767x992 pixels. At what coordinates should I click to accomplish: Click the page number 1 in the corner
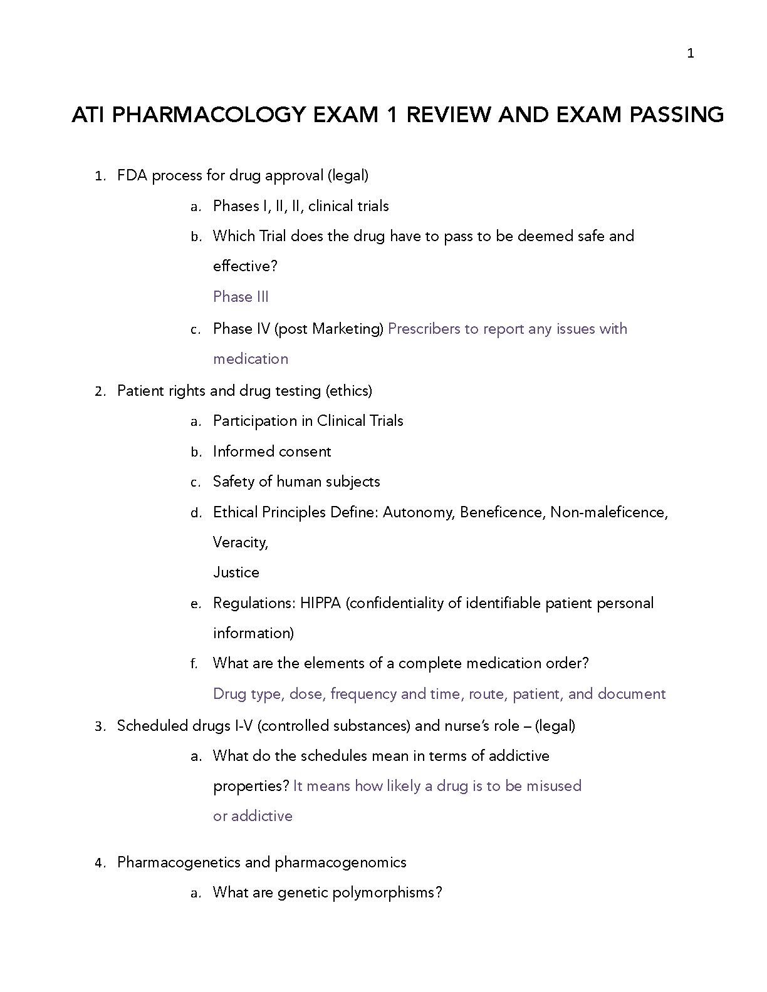tap(691, 54)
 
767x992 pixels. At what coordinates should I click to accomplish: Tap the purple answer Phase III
tap(241, 297)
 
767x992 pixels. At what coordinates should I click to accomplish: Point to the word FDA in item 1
tap(132, 175)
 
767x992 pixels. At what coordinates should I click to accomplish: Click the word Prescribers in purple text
tap(424, 329)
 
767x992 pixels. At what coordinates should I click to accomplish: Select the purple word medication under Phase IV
tap(251, 359)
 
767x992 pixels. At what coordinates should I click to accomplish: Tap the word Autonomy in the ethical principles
tap(417, 512)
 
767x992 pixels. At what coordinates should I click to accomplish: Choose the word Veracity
tap(240, 542)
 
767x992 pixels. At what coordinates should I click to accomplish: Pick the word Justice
tap(236, 572)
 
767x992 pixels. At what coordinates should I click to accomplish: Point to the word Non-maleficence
tap(608, 512)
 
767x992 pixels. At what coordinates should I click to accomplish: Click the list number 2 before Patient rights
tap(99, 391)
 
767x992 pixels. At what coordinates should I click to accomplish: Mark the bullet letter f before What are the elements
tap(194, 664)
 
